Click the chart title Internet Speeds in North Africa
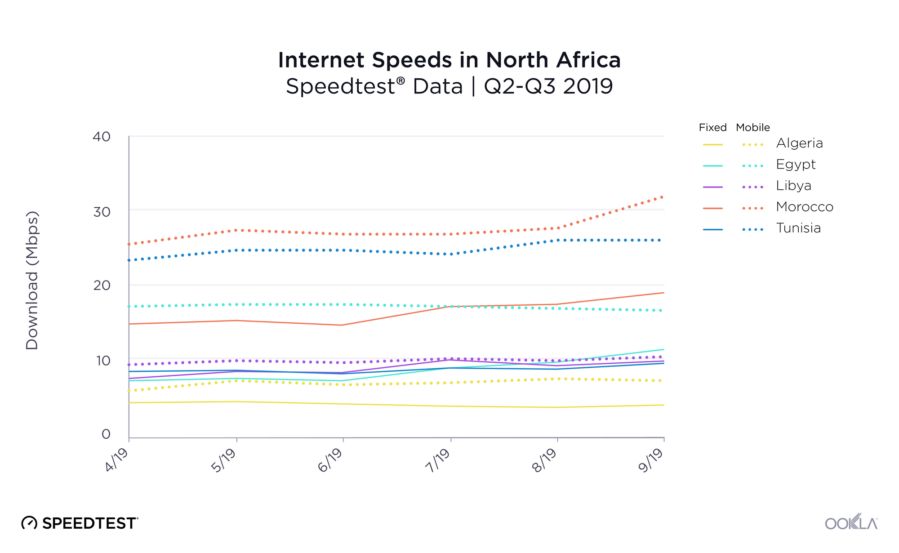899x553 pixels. pos(449,60)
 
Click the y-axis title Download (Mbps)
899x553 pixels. pos(32,280)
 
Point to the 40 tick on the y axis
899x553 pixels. pos(102,137)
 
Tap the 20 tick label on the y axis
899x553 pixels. pos(102,285)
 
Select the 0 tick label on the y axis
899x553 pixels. pos(106,434)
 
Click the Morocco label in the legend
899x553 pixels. pos(805,207)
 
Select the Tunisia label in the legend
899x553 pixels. pos(798,228)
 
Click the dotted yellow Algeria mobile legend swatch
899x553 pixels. pos(753,145)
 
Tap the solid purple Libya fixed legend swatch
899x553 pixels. pos(713,187)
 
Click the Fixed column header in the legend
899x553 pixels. pos(712,128)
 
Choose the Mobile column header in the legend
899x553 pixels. pos(753,128)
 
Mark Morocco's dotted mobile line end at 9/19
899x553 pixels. pos(662,197)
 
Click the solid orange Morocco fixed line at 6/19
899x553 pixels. pos(343,325)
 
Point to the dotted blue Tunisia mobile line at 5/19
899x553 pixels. pos(236,250)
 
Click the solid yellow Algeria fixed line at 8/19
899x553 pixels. pos(557,407)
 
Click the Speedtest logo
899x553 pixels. pos(80,523)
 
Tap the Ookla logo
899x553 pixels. pos(851,522)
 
